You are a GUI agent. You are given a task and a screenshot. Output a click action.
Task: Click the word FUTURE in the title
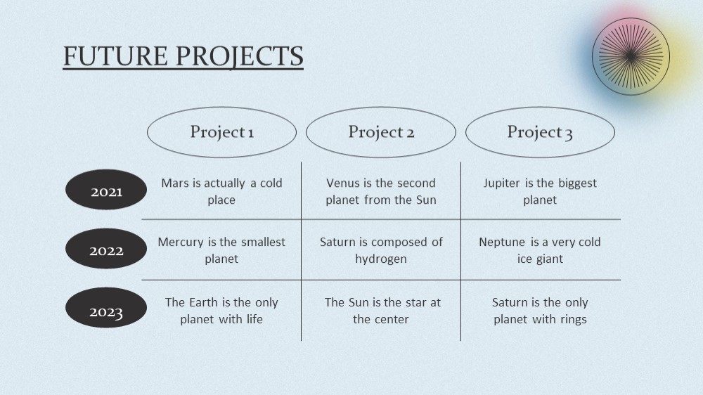pos(115,56)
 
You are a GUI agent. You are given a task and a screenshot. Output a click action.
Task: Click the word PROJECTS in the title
pos(240,57)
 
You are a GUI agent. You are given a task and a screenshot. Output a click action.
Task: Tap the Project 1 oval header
pos(222,132)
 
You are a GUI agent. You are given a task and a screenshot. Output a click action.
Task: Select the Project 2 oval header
pos(381,132)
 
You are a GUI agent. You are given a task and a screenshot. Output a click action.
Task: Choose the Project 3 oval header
pos(540,132)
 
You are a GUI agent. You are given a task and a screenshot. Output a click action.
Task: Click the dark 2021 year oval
pos(106,190)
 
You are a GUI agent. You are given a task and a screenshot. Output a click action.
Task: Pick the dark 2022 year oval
pos(106,248)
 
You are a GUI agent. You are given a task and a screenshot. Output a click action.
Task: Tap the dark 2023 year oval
pos(106,308)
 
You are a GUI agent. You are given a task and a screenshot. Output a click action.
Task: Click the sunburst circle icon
pos(631,56)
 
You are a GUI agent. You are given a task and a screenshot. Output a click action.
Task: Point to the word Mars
pos(175,183)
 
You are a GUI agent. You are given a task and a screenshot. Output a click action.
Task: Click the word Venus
pos(343,183)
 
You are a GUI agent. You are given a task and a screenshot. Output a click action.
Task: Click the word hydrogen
pos(381,259)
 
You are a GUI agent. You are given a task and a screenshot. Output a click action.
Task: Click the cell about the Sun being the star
pos(381,311)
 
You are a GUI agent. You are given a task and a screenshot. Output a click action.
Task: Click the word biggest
pos(577,183)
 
